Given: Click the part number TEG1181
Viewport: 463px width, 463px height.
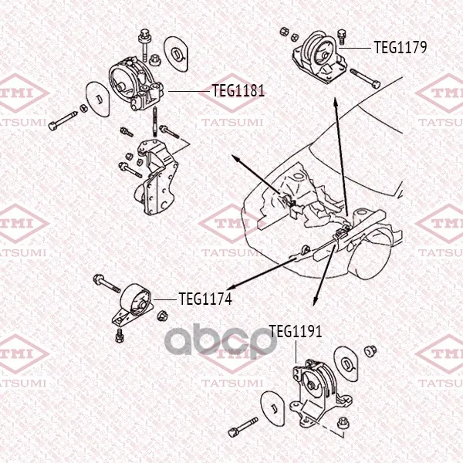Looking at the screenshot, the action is (238, 90).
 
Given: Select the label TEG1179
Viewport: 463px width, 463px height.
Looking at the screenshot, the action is (400, 47).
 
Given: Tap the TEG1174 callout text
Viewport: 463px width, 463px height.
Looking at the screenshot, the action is (205, 299).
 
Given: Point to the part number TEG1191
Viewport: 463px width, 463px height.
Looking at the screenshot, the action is (296, 331).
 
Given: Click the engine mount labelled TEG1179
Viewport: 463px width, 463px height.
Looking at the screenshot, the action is (319, 58).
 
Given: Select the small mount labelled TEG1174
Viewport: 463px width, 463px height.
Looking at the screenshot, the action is (133, 303).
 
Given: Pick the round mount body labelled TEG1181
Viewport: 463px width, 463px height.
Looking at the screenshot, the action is (135, 83).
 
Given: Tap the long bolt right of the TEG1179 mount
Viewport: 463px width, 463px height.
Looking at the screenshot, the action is (365, 78).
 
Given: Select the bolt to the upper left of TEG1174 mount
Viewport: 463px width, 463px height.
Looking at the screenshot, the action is (106, 283).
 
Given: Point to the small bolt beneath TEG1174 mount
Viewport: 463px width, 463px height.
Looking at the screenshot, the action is (120, 335).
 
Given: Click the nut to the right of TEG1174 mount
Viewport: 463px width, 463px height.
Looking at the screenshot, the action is (162, 316).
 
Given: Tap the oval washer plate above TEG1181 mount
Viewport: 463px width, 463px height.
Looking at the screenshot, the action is (176, 54).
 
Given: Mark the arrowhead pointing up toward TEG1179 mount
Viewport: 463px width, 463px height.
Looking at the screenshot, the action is (336, 102).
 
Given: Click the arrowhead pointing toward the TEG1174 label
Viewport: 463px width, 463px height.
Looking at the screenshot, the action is (231, 287).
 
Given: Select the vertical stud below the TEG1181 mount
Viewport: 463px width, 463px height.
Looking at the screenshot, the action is (155, 122).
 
